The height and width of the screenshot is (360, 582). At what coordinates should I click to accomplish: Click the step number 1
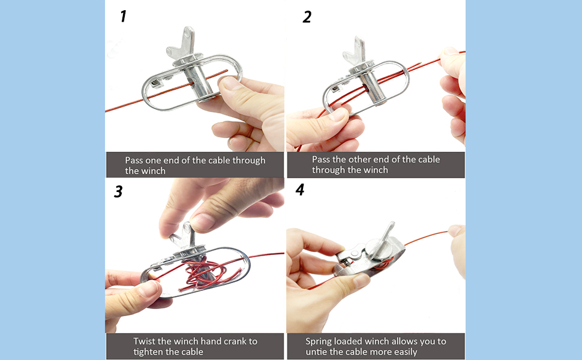tap(123, 16)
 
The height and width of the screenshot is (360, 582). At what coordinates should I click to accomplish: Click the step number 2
tap(307, 17)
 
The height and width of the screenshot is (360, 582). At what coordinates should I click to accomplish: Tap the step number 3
tap(118, 191)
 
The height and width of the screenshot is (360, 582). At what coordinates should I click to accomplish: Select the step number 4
tap(300, 190)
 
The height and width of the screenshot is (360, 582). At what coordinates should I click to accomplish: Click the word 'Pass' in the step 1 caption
tap(134, 160)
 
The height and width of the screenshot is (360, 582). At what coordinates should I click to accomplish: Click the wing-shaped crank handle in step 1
tap(182, 43)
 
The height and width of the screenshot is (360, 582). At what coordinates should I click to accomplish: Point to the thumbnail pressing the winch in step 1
tap(231, 83)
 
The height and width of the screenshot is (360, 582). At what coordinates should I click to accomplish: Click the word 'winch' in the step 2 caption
tap(375, 170)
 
